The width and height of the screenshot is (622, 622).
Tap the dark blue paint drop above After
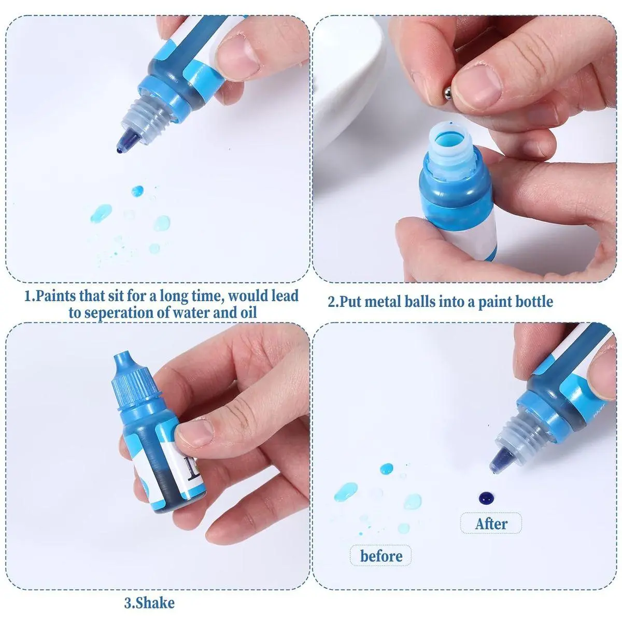coord(487,498)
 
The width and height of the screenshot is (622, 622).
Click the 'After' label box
coord(491,523)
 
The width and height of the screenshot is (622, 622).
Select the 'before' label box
coord(381,556)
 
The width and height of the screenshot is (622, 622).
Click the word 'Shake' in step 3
coord(155,603)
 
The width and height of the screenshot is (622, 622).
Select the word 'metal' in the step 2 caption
coord(387,302)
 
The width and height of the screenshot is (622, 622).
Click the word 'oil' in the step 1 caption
coord(248,313)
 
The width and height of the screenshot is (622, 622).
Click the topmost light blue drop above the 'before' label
coord(386,469)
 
